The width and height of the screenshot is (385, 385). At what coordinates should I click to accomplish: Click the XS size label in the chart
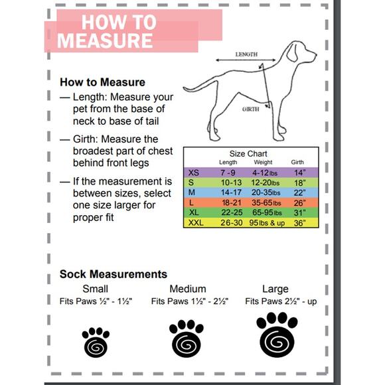[193, 173]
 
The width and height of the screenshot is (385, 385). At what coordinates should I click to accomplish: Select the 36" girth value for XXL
[299, 223]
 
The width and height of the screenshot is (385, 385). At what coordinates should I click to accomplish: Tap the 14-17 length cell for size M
[231, 193]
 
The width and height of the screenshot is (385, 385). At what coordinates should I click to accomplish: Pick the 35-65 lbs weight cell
[266, 203]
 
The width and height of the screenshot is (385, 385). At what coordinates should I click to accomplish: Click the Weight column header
[263, 163]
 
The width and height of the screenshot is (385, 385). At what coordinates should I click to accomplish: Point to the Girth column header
[297, 163]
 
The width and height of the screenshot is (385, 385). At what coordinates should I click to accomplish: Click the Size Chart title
[248, 154]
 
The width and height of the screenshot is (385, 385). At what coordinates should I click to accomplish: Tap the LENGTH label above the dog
[246, 54]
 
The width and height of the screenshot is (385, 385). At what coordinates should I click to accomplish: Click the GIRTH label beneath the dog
[250, 110]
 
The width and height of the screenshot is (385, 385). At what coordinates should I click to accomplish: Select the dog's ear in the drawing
[292, 53]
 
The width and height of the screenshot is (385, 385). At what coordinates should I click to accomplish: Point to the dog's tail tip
[184, 88]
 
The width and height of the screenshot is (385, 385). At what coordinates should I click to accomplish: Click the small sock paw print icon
[96, 342]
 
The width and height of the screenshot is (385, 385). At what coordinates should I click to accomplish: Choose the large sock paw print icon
[277, 335]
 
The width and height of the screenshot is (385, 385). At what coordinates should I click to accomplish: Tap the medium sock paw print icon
[187, 339]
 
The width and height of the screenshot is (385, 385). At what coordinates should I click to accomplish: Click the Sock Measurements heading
[114, 274]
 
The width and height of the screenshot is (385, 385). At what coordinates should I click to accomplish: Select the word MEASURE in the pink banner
[105, 40]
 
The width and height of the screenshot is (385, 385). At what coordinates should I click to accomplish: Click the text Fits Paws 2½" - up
[281, 301]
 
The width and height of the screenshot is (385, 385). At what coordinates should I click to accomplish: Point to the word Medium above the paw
[188, 289]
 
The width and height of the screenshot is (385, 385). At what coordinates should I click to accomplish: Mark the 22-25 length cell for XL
[232, 212]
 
